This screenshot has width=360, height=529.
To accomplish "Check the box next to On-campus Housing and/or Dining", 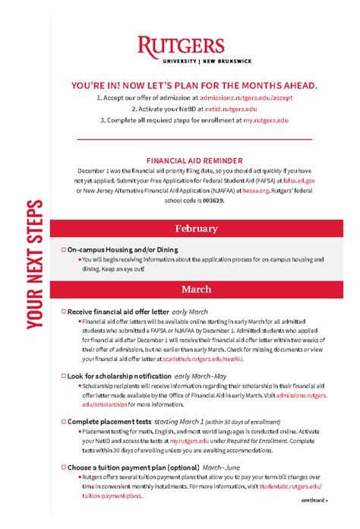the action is [x=63, y=249].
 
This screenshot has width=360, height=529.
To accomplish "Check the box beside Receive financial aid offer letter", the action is [x=63, y=312].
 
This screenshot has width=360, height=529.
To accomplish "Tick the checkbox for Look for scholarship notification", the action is [x=63, y=375].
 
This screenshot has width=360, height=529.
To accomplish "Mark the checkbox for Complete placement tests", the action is [x=63, y=421].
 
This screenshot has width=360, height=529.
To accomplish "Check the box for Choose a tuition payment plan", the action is [x=63, y=467].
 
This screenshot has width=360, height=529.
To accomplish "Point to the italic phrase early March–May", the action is [x=201, y=375].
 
